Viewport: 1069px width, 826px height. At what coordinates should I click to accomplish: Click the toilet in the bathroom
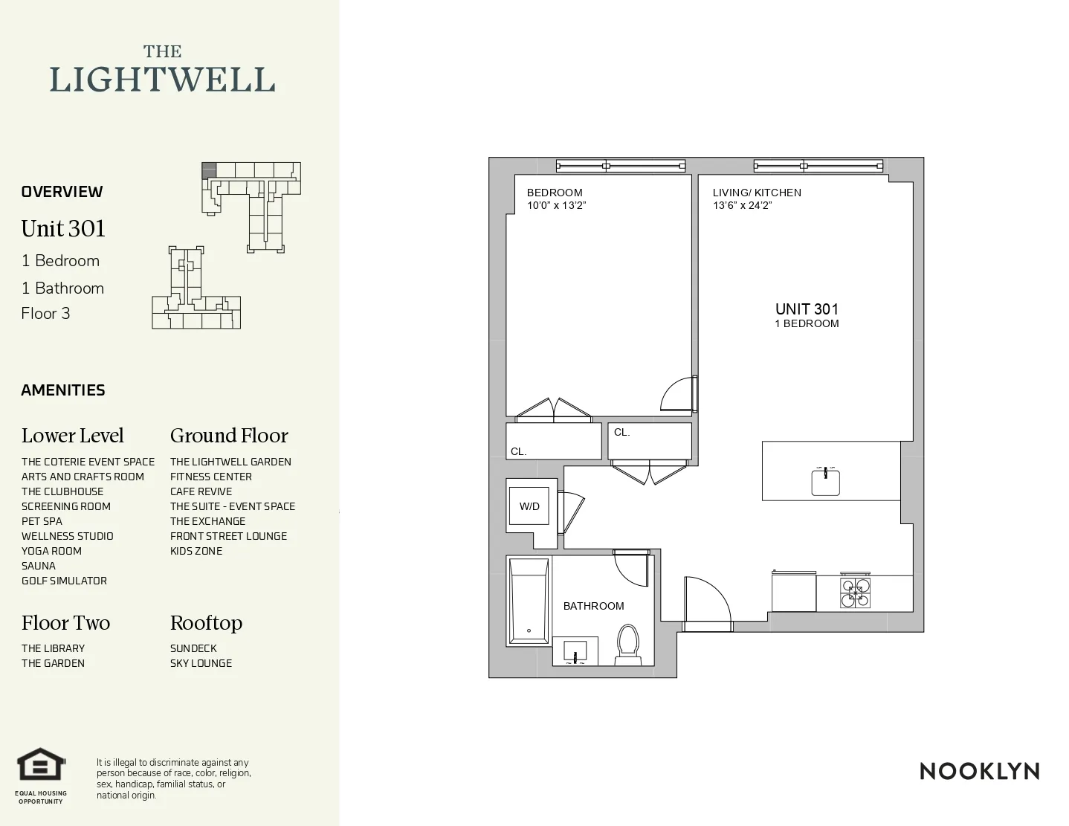628,644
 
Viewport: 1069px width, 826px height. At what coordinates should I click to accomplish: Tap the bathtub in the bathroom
529,601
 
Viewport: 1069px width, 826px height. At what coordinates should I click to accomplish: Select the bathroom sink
575,651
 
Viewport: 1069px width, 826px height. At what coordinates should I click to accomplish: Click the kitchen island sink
825,482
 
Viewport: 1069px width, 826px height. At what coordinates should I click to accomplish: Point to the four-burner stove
855,593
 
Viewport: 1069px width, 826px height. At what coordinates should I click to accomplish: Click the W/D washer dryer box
529,506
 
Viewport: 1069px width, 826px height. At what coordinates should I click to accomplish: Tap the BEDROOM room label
555,193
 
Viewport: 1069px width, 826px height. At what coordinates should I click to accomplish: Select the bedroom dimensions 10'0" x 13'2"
557,206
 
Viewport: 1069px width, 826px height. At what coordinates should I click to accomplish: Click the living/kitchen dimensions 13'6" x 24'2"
743,206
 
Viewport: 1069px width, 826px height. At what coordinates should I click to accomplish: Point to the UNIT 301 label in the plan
807,309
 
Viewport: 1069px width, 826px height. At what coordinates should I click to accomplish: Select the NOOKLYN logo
979,771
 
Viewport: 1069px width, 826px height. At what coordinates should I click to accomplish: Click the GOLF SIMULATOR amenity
64,581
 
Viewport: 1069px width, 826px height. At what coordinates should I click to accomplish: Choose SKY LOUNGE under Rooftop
201,663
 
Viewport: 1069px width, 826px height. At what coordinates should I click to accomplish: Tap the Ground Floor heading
229,436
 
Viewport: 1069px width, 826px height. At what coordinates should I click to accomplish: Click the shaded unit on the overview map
209,170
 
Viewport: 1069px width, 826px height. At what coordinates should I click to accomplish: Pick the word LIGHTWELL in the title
162,80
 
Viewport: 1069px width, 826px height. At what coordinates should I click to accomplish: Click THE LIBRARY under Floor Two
53,648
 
